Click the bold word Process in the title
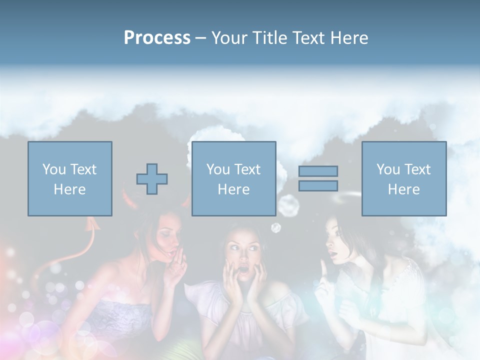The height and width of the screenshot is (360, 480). pyautogui.click(x=157, y=38)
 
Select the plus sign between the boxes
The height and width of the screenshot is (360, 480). pyautogui.click(x=152, y=178)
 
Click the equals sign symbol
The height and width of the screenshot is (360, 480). pyautogui.click(x=318, y=178)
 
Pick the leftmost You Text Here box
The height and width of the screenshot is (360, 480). pyautogui.click(x=69, y=178)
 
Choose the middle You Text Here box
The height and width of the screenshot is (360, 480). pyautogui.click(x=233, y=178)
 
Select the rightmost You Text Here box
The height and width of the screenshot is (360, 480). pyautogui.click(x=403, y=178)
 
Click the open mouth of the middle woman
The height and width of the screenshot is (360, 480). pyautogui.click(x=244, y=270)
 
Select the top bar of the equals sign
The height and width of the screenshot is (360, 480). pyautogui.click(x=318, y=171)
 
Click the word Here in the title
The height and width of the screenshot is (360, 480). pyautogui.click(x=348, y=38)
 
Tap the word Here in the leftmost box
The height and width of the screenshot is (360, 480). pyautogui.click(x=69, y=189)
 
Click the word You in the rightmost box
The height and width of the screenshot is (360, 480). pyautogui.click(x=388, y=169)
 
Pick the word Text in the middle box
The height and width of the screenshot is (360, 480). pyautogui.click(x=247, y=169)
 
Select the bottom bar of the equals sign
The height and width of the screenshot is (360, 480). pyautogui.click(x=318, y=186)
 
